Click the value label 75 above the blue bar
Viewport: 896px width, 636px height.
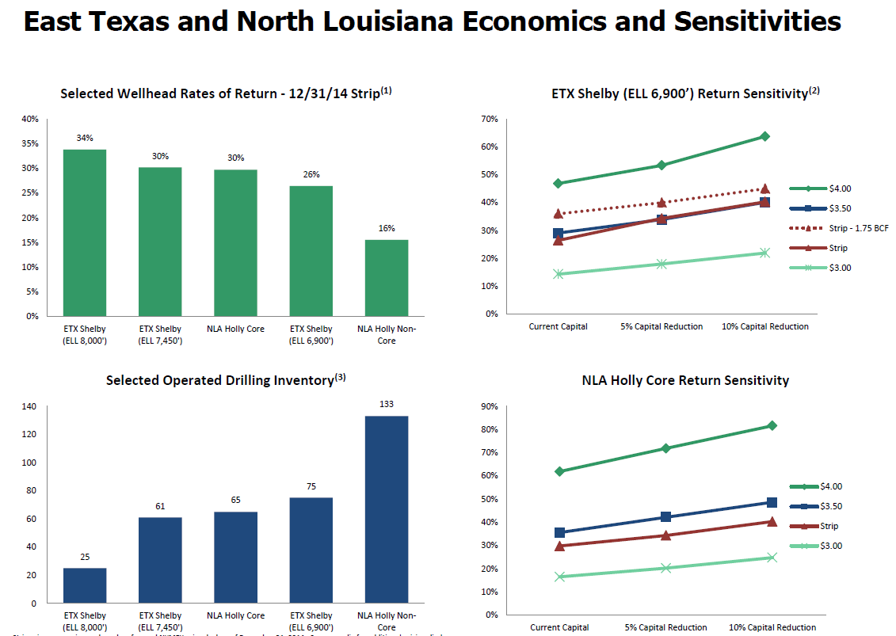coord(311,486)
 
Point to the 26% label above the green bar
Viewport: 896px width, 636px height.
coord(311,174)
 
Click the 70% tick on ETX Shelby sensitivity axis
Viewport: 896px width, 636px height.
coord(489,119)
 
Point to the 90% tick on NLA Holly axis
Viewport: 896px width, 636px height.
coord(489,406)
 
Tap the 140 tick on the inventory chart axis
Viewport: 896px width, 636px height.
coord(29,407)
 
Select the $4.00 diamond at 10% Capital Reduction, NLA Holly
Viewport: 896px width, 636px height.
coord(772,425)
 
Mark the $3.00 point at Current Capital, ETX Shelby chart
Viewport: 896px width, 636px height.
coord(559,274)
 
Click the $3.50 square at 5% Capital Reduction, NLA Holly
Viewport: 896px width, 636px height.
coord(665,517)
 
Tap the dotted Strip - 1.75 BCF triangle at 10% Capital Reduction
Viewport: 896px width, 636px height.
coord(765,189)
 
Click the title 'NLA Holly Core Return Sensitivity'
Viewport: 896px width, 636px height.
coord(685,380)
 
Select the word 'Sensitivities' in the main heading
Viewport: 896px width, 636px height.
coord(757,21)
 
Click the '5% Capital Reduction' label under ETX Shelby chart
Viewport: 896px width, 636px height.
coord(662,326)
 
